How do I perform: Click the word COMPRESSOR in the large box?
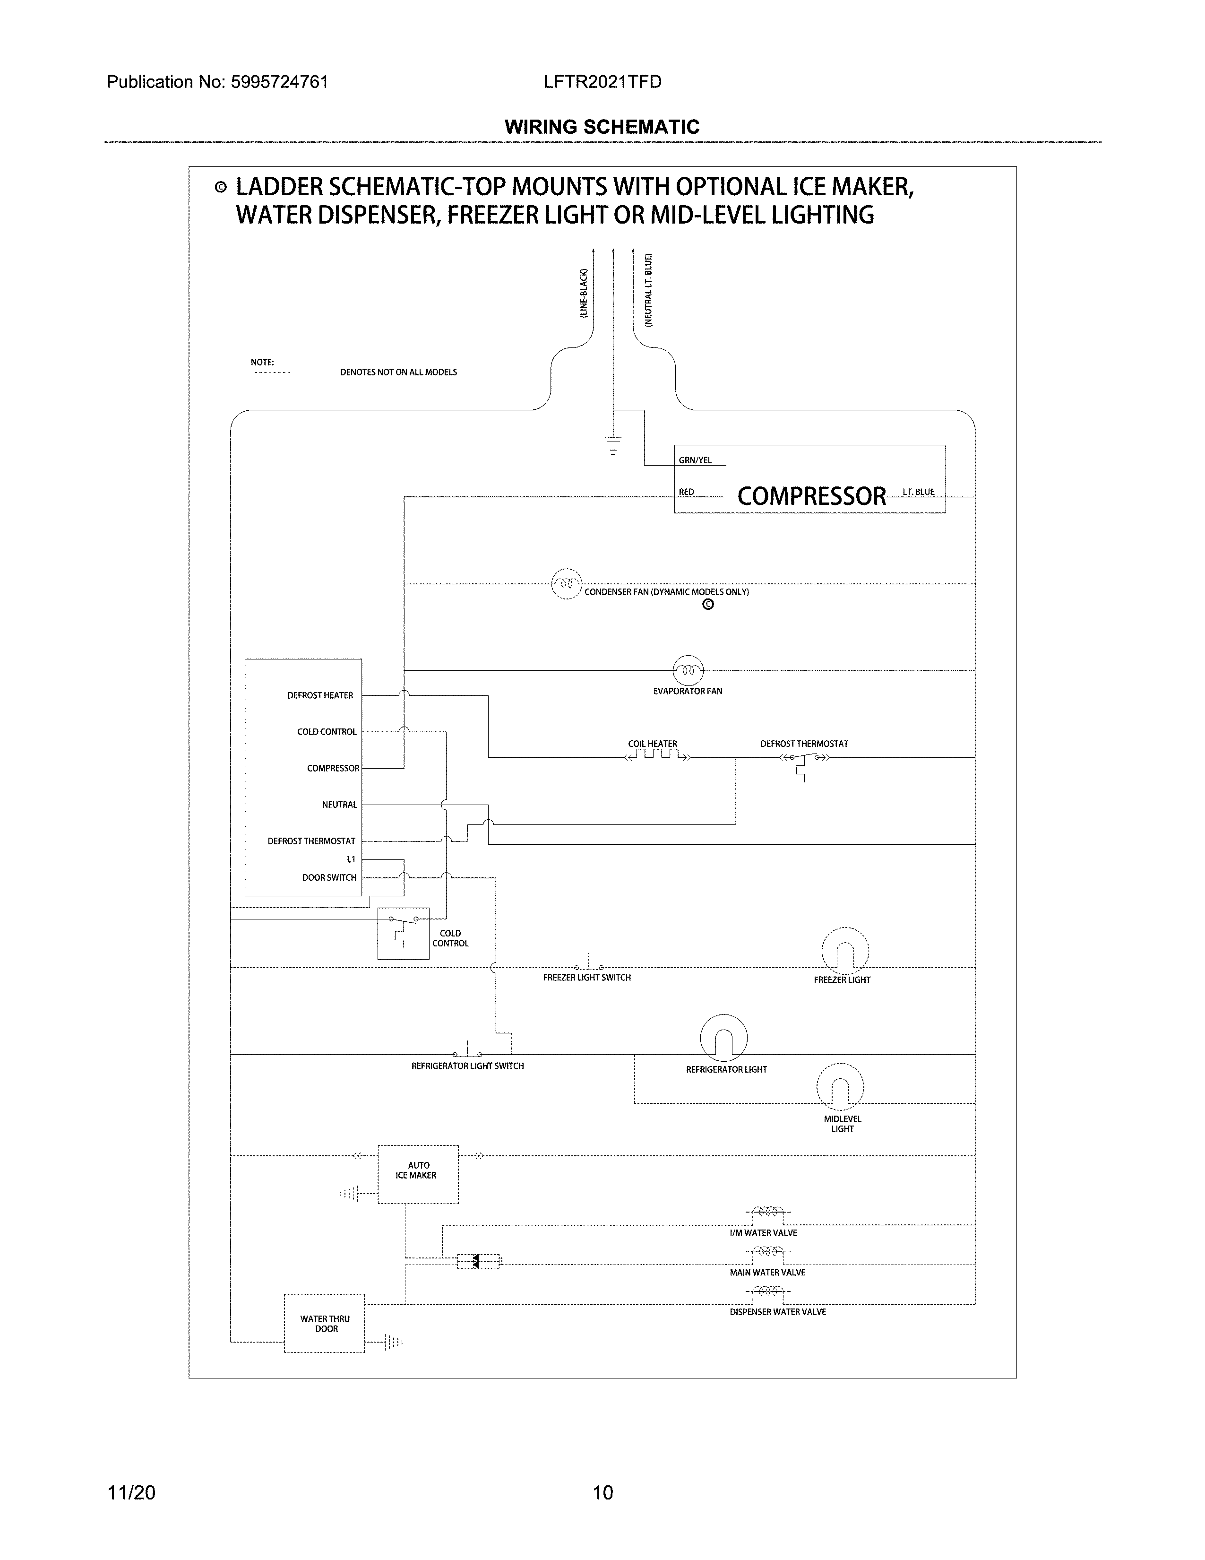click(811, 496)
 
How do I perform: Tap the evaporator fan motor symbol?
click(688, 670)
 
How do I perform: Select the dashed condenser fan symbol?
click(567, 583)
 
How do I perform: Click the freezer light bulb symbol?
click(844, 951)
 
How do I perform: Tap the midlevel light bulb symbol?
click(840, 1087)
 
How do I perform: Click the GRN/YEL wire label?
click(695, 461)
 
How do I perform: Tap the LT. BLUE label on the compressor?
click(918, 492)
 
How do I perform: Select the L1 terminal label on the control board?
click(351, 859)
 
